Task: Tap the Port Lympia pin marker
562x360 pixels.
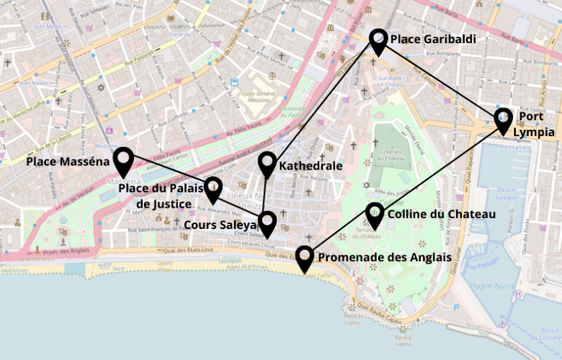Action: coord(503,119)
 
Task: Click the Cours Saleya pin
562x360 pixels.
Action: coord(267,222)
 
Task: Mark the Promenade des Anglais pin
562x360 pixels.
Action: coord(305,258)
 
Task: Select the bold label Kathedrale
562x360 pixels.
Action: coord(311,166)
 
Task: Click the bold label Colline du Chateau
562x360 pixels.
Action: coord(441,214)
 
